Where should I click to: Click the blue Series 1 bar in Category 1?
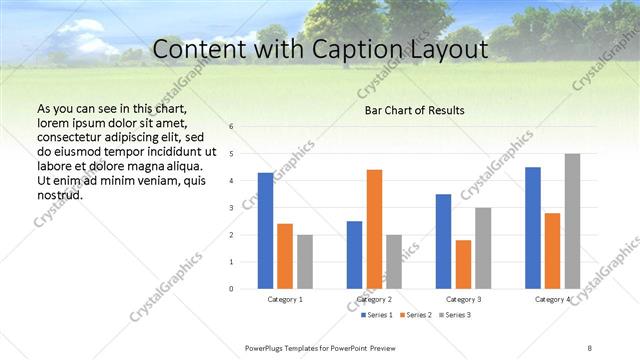265,231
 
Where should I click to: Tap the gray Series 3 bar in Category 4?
572,221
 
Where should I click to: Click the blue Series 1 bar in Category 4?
533,228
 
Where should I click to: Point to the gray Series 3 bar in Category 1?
304,262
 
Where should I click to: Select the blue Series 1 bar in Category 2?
354,255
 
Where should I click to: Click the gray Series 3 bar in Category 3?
482,248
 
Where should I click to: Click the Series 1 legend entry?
378,315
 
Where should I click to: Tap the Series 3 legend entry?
454,315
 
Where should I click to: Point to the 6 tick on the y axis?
231,127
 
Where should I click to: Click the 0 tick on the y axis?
231,289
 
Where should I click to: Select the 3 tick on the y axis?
231,208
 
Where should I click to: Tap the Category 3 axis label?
463,299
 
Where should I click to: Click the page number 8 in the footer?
589,347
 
